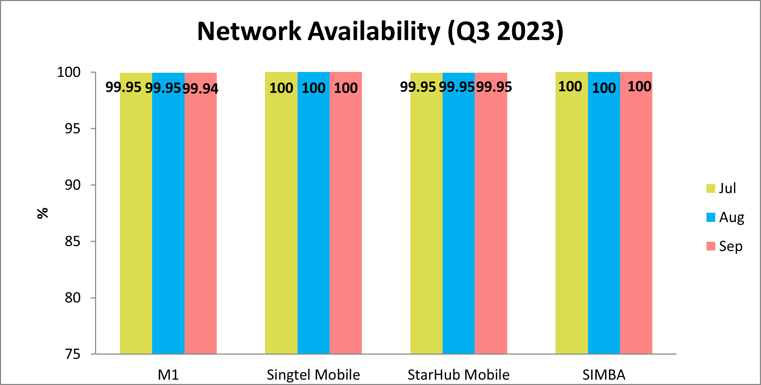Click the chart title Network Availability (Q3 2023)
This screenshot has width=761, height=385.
(x=380, y=31)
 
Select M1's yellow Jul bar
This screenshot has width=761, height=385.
(x=136, y=217)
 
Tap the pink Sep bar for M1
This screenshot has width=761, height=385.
(x=201, y=217)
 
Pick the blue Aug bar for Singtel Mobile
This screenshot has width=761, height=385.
(x=314, y=217)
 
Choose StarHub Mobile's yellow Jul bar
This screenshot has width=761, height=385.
(x=426, y=217)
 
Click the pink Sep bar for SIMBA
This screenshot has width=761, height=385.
(x=636, y=217)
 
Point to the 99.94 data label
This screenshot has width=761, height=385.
(x=201, y=89)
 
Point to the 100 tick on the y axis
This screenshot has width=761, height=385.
(x=69, y=72)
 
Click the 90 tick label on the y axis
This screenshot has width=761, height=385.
(x=73, y=185)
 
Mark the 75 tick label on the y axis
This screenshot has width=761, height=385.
(x=73, y=354)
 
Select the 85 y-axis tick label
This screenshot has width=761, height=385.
(x=73, y=241)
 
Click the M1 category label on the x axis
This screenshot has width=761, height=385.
(x=168, y=375)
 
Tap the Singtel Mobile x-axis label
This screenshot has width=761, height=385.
(x=313, y=375)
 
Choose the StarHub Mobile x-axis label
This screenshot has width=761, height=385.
(x=458, y=375)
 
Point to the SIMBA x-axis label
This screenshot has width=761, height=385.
(x=604, y=375)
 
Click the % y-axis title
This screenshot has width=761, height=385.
(x=43, y=213)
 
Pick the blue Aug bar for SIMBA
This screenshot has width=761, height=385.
(x=604, y=217)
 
